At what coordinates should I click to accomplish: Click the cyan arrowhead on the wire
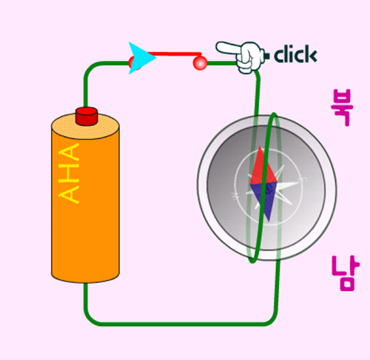(x=141, y=58)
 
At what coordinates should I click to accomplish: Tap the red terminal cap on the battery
(x=87, y=116)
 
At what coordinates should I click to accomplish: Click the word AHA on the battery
(x=69, y=173)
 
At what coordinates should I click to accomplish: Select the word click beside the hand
(x=295, y=54)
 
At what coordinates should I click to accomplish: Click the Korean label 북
(x=342, y=107)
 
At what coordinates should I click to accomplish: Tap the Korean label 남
(x=346, y=273)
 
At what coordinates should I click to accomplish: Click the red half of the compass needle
(x=262, y=168)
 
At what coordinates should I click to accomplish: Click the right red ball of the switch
(x=200, y=63)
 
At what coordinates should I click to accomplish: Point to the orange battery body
(x=85, y=205)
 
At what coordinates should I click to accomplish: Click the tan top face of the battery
(x=85, y=125)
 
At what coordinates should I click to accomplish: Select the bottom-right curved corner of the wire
(x=272, y=317)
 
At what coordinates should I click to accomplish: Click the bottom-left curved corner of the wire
(x=90, y=318)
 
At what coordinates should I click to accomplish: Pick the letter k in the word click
(x=311, y=54)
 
